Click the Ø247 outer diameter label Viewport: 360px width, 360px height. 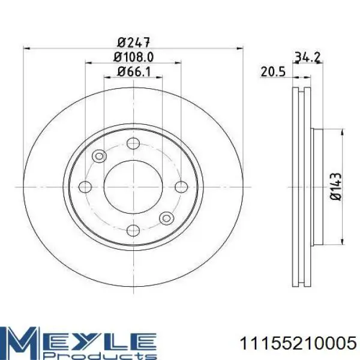(133, 43)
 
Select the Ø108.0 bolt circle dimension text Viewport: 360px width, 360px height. (133, 58)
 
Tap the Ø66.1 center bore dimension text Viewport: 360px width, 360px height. (133, 73)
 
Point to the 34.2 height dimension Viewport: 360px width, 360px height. (308, 58)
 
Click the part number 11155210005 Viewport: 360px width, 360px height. (298, 342)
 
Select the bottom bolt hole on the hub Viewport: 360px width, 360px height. (133, 229)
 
